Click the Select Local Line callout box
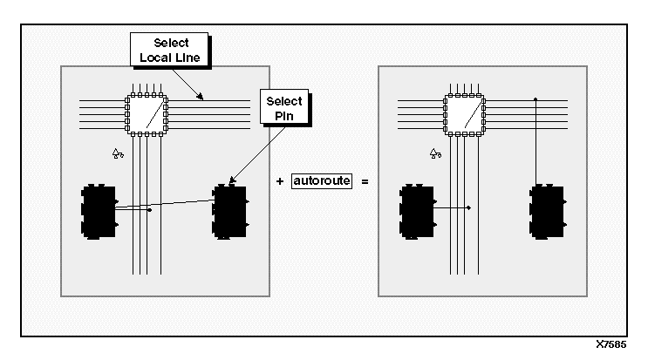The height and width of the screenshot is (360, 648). coord(169,51)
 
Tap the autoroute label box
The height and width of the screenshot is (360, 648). coord(322,183)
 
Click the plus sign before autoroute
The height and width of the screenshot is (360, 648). coord(279,183)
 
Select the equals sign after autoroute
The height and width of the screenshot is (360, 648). coord(365,183)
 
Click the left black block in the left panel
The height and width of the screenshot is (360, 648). coord(99,211)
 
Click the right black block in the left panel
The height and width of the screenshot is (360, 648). coord(229,211)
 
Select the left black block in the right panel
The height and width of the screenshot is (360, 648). coord(417,211)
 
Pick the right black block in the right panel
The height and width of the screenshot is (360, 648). coord(548,211)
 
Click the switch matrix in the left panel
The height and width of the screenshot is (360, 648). coord(147,113)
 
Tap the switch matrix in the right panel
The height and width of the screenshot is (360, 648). coord(464,113)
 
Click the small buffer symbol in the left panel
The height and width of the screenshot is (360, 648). coord(119,153)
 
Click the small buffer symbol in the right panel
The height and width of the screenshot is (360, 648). coord(436,153)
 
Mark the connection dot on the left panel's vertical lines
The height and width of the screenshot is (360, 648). coord(150,210)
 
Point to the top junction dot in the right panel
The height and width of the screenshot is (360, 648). coord(535,100)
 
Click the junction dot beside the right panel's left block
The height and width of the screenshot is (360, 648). coord(469,207)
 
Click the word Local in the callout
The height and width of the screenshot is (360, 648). coord(153,58)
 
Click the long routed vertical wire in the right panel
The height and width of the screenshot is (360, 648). coord(535,144)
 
